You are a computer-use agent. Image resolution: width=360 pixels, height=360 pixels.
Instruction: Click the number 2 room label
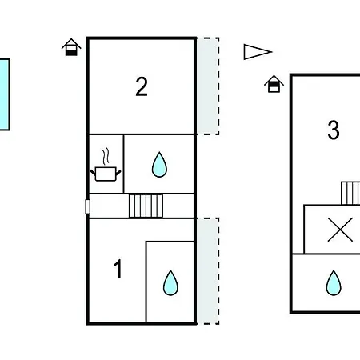(x=142, y=86)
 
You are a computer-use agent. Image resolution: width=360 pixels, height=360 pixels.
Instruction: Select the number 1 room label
(x=118, y=269)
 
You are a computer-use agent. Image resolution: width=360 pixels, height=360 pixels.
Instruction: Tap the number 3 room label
(x=334, y=130)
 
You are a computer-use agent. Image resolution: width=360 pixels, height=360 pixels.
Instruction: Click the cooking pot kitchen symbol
(x=106, y=174)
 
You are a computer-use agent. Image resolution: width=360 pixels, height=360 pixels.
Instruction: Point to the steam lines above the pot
(x=106, y=156)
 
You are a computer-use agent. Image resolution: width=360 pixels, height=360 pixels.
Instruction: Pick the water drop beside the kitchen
(x=159, y=165)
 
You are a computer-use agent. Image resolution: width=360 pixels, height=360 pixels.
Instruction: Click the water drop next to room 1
(x=170, y=283)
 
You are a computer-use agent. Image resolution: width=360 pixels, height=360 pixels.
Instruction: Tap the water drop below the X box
(x=334, y=283)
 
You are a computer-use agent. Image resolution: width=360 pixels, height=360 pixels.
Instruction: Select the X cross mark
(x=340, y=230)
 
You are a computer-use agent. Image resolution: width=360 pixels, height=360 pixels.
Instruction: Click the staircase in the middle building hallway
(x=146, y=206)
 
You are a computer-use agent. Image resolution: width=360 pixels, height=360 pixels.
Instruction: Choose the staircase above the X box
(x=350, y=194)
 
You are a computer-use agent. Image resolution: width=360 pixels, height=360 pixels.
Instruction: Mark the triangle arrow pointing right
(x=258, y=52)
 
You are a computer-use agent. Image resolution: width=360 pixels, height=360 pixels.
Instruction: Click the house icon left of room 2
(x=71, y=47)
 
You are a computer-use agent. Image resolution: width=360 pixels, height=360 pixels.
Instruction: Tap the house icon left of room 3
(x=274, y=84)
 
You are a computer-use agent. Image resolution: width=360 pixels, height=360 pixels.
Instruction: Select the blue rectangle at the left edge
(x=5, y=94)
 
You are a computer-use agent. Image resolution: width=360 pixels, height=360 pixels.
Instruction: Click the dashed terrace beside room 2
(x=208, y=86)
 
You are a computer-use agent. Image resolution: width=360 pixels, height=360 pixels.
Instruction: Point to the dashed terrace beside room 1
(x=208, y=271)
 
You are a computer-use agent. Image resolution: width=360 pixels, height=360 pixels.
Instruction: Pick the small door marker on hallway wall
(x=88, y=206)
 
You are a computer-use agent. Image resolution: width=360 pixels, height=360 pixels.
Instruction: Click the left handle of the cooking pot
(x=93, y=173)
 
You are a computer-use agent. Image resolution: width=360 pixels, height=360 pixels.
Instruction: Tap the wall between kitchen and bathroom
(x=124, y=164)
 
